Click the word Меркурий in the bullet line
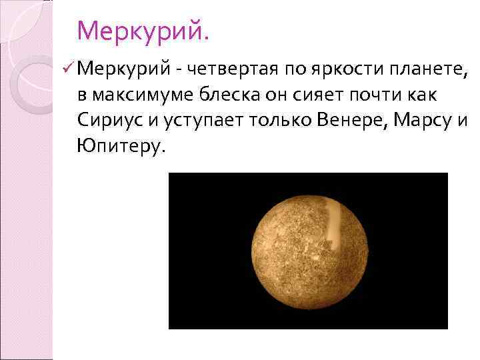click(x=126, y=68)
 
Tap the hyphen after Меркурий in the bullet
click(x=181, y=69)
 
